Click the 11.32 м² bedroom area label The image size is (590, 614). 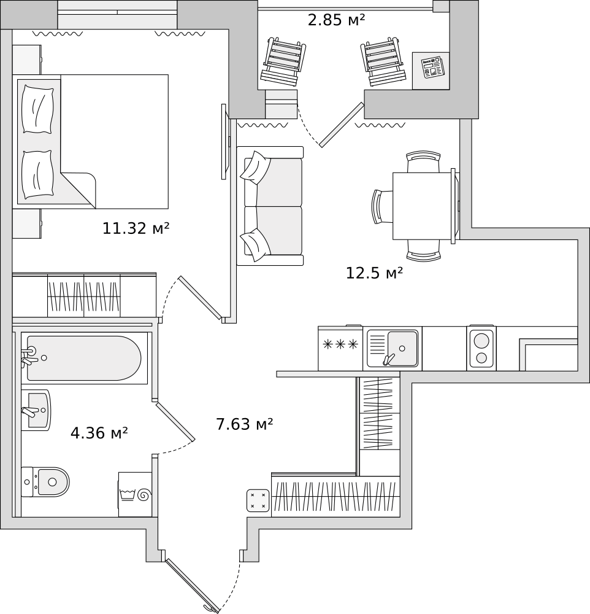[x=136, y=228]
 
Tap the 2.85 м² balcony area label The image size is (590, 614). [x=337, y=20]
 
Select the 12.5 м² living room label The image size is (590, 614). [x=374, y=273]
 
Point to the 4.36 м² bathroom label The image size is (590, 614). [x=99, y=433]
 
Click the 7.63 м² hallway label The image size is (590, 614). [x=245, y=424]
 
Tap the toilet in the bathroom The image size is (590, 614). [x=45, y=481]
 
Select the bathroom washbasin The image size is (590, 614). [x=36, y=410]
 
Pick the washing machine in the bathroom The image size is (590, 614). [x=135, y=494]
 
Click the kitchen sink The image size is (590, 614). [x=393, y=349]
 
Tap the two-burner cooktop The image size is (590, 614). [x=481, y=348]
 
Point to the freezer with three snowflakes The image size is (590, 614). [x=340, y=348]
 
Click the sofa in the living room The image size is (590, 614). [x=270, y=206]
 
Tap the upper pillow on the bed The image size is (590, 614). [x=37, y=109]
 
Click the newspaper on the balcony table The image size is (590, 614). [x=433, y=66]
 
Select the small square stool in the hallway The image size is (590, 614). [x=258, y=500]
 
